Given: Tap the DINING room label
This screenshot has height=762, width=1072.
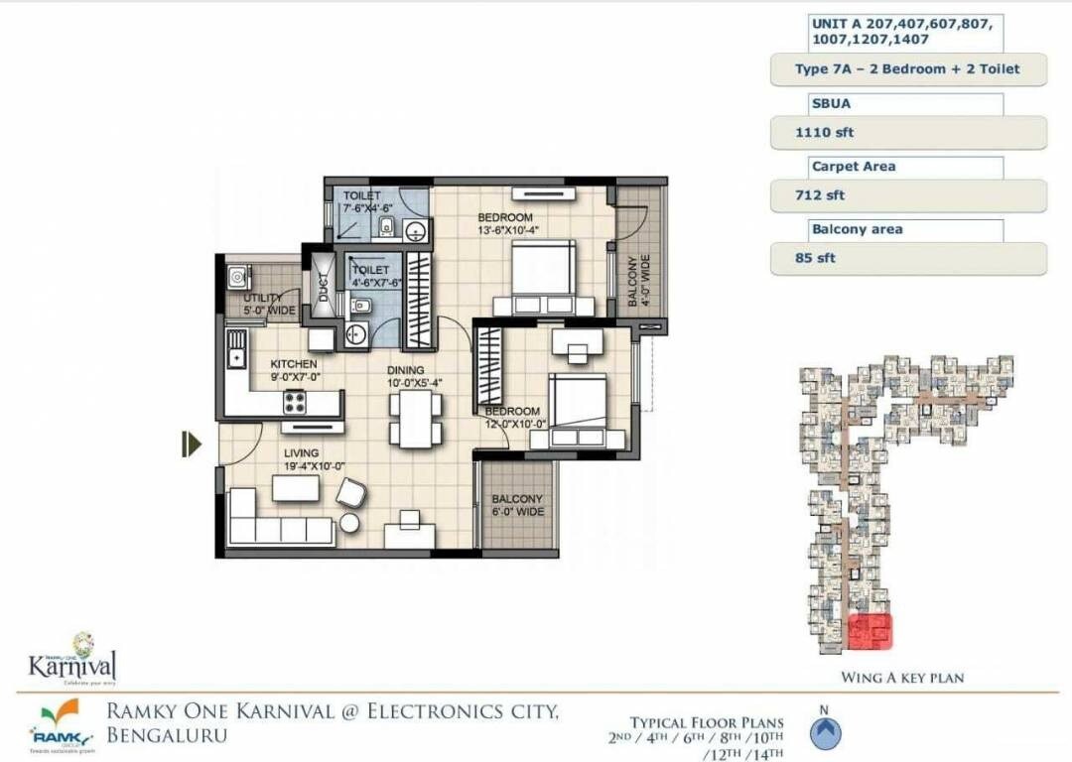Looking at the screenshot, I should pos(405,371).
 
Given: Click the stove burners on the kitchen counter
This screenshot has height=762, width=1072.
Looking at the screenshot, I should pos(296,401).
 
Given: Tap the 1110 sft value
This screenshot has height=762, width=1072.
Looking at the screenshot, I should pos(811,132).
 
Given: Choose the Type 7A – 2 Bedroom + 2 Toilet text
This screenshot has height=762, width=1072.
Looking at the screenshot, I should pos(907,69).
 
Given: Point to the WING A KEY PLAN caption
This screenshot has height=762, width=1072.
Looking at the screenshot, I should pos(902,678).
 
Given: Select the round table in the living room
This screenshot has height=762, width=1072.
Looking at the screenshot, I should pos(349,523).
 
